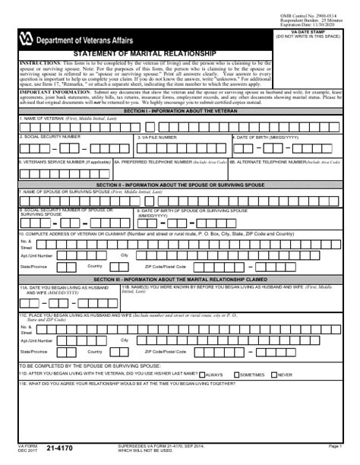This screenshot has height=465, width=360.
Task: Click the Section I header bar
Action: coord(179,111)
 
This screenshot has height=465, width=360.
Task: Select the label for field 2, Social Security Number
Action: coord(50,136)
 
